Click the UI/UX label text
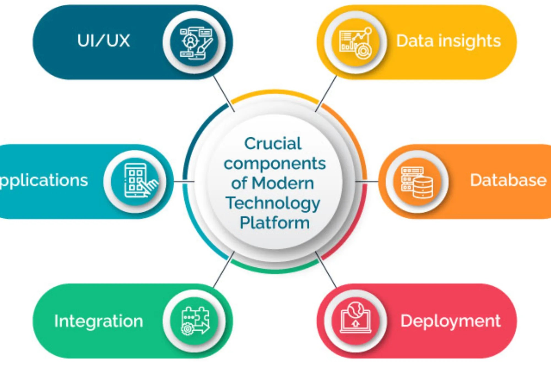[x=103, y=41]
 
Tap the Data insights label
[x=448, y=41]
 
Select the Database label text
[x=508, y=181]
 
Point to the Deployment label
[x=450, y=321]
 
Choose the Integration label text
[x=99, y=321]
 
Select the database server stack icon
[x=417, y=182]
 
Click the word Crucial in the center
[x=273, y=144]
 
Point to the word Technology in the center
[x=273, y=203]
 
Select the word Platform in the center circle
[x=275, y=223]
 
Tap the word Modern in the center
[x=283, y=183]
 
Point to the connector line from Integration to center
[x=224, y=270]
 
